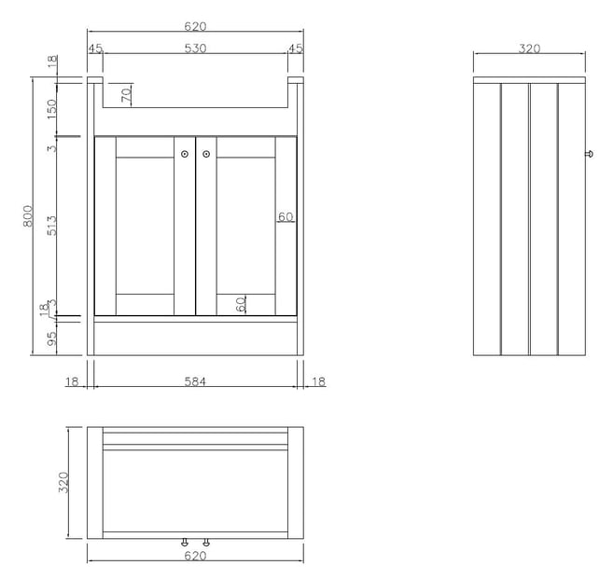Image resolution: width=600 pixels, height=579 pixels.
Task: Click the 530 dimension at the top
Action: click(195, 48)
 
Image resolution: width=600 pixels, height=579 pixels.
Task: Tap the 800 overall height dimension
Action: click(28, 216)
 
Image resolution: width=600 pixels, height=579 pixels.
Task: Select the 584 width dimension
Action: click(195, 381)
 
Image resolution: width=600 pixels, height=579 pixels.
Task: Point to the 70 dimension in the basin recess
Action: click(126, 95)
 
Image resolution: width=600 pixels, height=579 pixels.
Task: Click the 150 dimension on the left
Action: click(51, 109)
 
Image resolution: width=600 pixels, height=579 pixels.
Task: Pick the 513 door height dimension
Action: click(51, 226)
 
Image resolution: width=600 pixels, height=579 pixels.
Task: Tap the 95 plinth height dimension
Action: click(51, 338)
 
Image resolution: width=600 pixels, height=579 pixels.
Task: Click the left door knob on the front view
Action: click(185, 154)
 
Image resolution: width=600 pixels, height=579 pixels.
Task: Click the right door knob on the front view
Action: click(206, 154)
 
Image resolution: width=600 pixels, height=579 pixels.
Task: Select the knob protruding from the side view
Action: click(590, 154)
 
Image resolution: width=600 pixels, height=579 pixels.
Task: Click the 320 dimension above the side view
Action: click(530, 48)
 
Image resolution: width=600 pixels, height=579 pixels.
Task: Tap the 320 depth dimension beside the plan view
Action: click(63, 482)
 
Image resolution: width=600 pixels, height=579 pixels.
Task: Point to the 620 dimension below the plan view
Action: click(195, 556)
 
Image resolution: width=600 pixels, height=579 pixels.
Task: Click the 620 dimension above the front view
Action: click(195, 26)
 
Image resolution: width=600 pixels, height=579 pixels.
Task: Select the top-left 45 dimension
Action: click(95, 48)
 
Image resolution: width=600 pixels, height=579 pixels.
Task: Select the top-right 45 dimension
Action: click(296, 48)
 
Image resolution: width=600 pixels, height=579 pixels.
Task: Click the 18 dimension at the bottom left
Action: click(72, 381)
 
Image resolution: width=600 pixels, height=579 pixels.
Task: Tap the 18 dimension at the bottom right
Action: click(318, 381)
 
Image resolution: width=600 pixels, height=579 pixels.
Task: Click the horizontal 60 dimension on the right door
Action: click(286, 217)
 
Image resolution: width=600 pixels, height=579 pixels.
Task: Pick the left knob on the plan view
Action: click(185, 543)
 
